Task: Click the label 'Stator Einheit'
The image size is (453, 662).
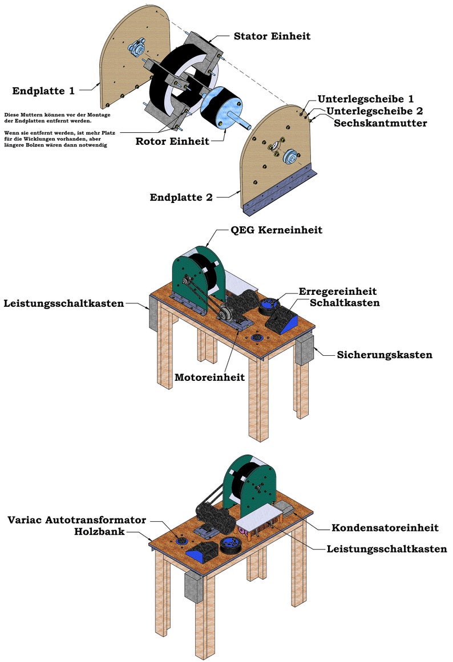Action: tap(272, 36)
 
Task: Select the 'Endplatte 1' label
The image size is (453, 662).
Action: tap(43, 91)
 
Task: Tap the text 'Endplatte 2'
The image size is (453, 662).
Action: tap(181, 197)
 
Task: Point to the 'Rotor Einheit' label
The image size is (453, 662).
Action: tap(172, 141)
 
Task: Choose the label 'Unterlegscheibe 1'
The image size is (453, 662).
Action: tap(366, 99)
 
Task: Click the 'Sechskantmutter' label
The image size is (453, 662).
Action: tap(381, 123)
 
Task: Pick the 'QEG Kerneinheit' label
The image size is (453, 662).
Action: tap(276, 230)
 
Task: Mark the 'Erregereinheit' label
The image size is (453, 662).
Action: tap(338, 291)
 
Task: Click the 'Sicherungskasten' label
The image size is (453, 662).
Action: tap(385, 355)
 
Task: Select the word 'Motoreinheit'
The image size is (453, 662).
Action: tap(209, 377)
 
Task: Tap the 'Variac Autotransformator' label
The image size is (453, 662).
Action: tap(77, 519)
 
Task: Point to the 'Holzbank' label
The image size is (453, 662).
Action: tap(100, 531)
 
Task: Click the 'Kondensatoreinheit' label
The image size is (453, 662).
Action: tap(385, 528)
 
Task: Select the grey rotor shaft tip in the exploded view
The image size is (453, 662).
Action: tap(248, 126)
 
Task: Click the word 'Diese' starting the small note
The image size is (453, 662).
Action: tap(11, 115)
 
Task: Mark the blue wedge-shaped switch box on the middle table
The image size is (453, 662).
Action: tap(282, 320)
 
